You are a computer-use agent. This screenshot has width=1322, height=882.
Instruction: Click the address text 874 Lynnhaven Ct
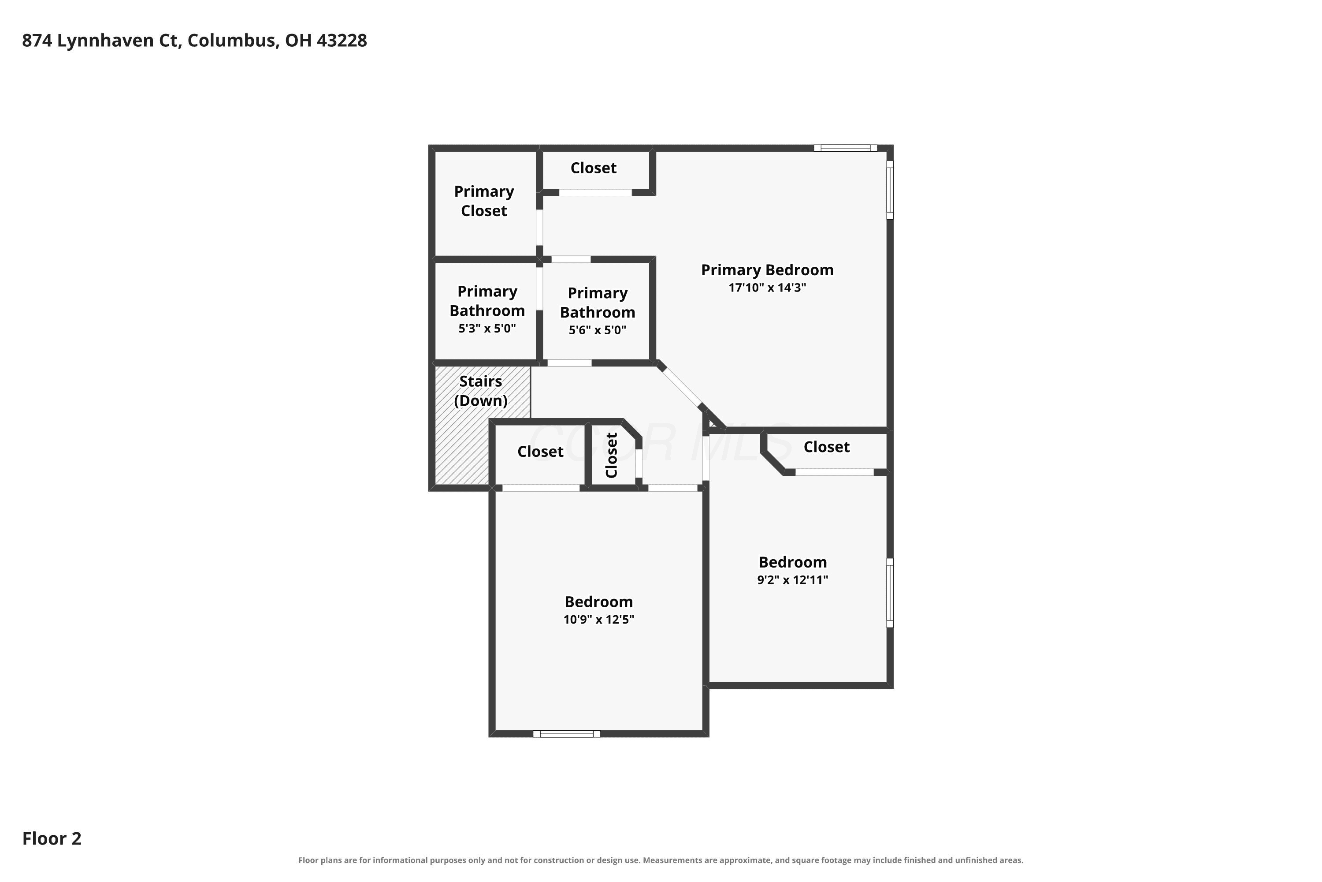coord(101,41)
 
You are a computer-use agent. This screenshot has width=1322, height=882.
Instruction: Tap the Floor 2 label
coord(52,839)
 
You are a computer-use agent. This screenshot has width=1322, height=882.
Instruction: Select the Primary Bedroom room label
coord(767,270)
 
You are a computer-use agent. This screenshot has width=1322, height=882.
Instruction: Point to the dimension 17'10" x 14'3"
coord(767,288)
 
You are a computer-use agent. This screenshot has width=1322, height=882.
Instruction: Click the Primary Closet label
coord(484,201)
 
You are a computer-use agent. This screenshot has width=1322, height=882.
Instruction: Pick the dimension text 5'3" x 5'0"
coord(487,329)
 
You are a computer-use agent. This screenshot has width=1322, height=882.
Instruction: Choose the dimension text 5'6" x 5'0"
coord(597,330)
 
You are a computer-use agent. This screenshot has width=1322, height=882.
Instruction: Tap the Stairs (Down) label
coord(481,390)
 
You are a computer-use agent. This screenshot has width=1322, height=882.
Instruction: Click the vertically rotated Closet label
coord(612,455)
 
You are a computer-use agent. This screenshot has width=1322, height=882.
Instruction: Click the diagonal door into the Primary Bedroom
coord(681,386)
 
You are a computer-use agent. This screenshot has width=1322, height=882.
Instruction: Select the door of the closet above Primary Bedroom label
coord(595,192)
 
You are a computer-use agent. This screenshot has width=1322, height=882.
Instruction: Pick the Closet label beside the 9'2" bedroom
coord(826,447)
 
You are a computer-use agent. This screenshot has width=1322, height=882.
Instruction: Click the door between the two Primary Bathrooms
coord(539,288)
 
